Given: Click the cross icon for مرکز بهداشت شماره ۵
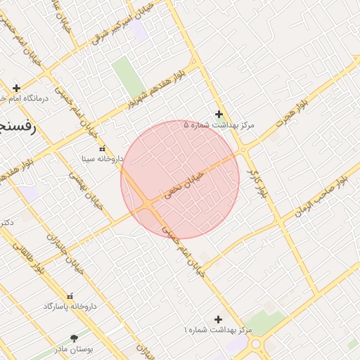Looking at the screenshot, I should (x=219, y=114).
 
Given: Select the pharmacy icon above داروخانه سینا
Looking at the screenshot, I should (x=103, y=148).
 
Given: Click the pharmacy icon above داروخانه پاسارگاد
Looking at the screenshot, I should (x=69, y=297).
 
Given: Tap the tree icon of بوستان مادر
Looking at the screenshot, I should (x=74, y=339).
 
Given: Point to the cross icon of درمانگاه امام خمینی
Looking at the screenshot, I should (x=16, y=88).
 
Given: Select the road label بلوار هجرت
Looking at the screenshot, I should (x=292, y=115).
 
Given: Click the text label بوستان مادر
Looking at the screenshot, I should (x=96, y=349).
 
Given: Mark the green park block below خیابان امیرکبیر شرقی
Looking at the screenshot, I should (x=129, y=77).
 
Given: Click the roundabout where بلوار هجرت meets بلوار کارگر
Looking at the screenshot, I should (x=243, y=150).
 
